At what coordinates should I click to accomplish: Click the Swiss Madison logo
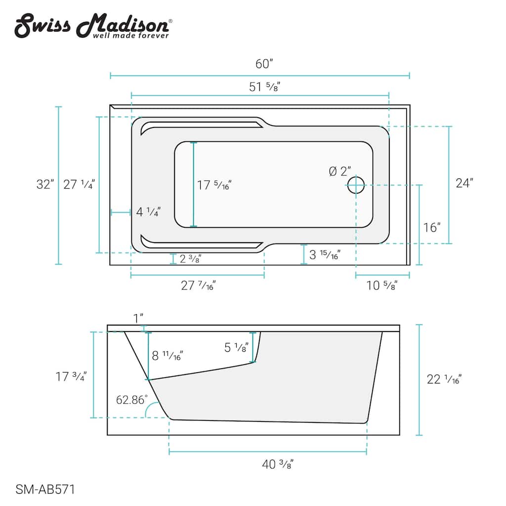[93, 26]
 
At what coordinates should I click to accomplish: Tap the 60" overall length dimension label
[264, 64]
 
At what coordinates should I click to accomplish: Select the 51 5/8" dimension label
[264, 87]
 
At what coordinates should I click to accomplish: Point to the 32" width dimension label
[45, 184]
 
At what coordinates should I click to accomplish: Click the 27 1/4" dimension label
[79, 185]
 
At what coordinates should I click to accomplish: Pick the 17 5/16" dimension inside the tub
[214, 185]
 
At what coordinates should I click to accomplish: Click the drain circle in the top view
[356, 185]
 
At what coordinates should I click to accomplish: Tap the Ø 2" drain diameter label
[340, 171]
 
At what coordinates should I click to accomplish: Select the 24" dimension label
[464, 183]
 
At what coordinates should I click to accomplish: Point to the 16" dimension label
[432, 227]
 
